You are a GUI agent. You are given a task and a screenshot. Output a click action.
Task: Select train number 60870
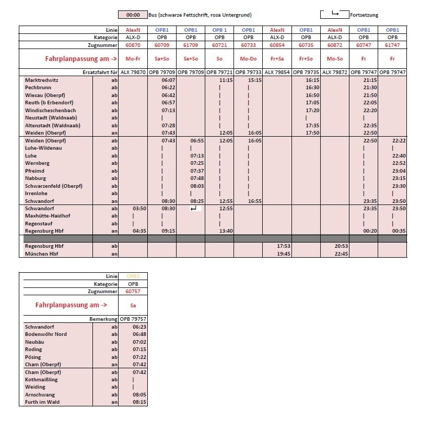[x=133, y=45]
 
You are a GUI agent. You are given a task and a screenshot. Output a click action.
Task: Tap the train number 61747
[x=392, y=45]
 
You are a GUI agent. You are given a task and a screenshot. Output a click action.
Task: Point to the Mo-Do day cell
[x=248, y=59]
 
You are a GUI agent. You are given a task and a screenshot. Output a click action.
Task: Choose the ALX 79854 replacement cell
[x=277, y=71]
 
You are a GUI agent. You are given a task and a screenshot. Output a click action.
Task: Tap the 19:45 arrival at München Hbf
[x=277, y=254]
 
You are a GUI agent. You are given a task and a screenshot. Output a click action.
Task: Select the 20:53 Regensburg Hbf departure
[x=334, y=246]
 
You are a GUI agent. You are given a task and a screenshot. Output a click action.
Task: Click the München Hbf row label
[x=42, y=254]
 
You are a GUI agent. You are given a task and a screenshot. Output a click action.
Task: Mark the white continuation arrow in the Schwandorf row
[x=194, y=208]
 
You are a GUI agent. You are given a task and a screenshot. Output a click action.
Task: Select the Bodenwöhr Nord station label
[x=46, y=334]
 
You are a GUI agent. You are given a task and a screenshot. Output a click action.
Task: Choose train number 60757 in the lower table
[x=133, y=291]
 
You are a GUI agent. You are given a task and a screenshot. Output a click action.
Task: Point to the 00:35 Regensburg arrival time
[x=392, y=231]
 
